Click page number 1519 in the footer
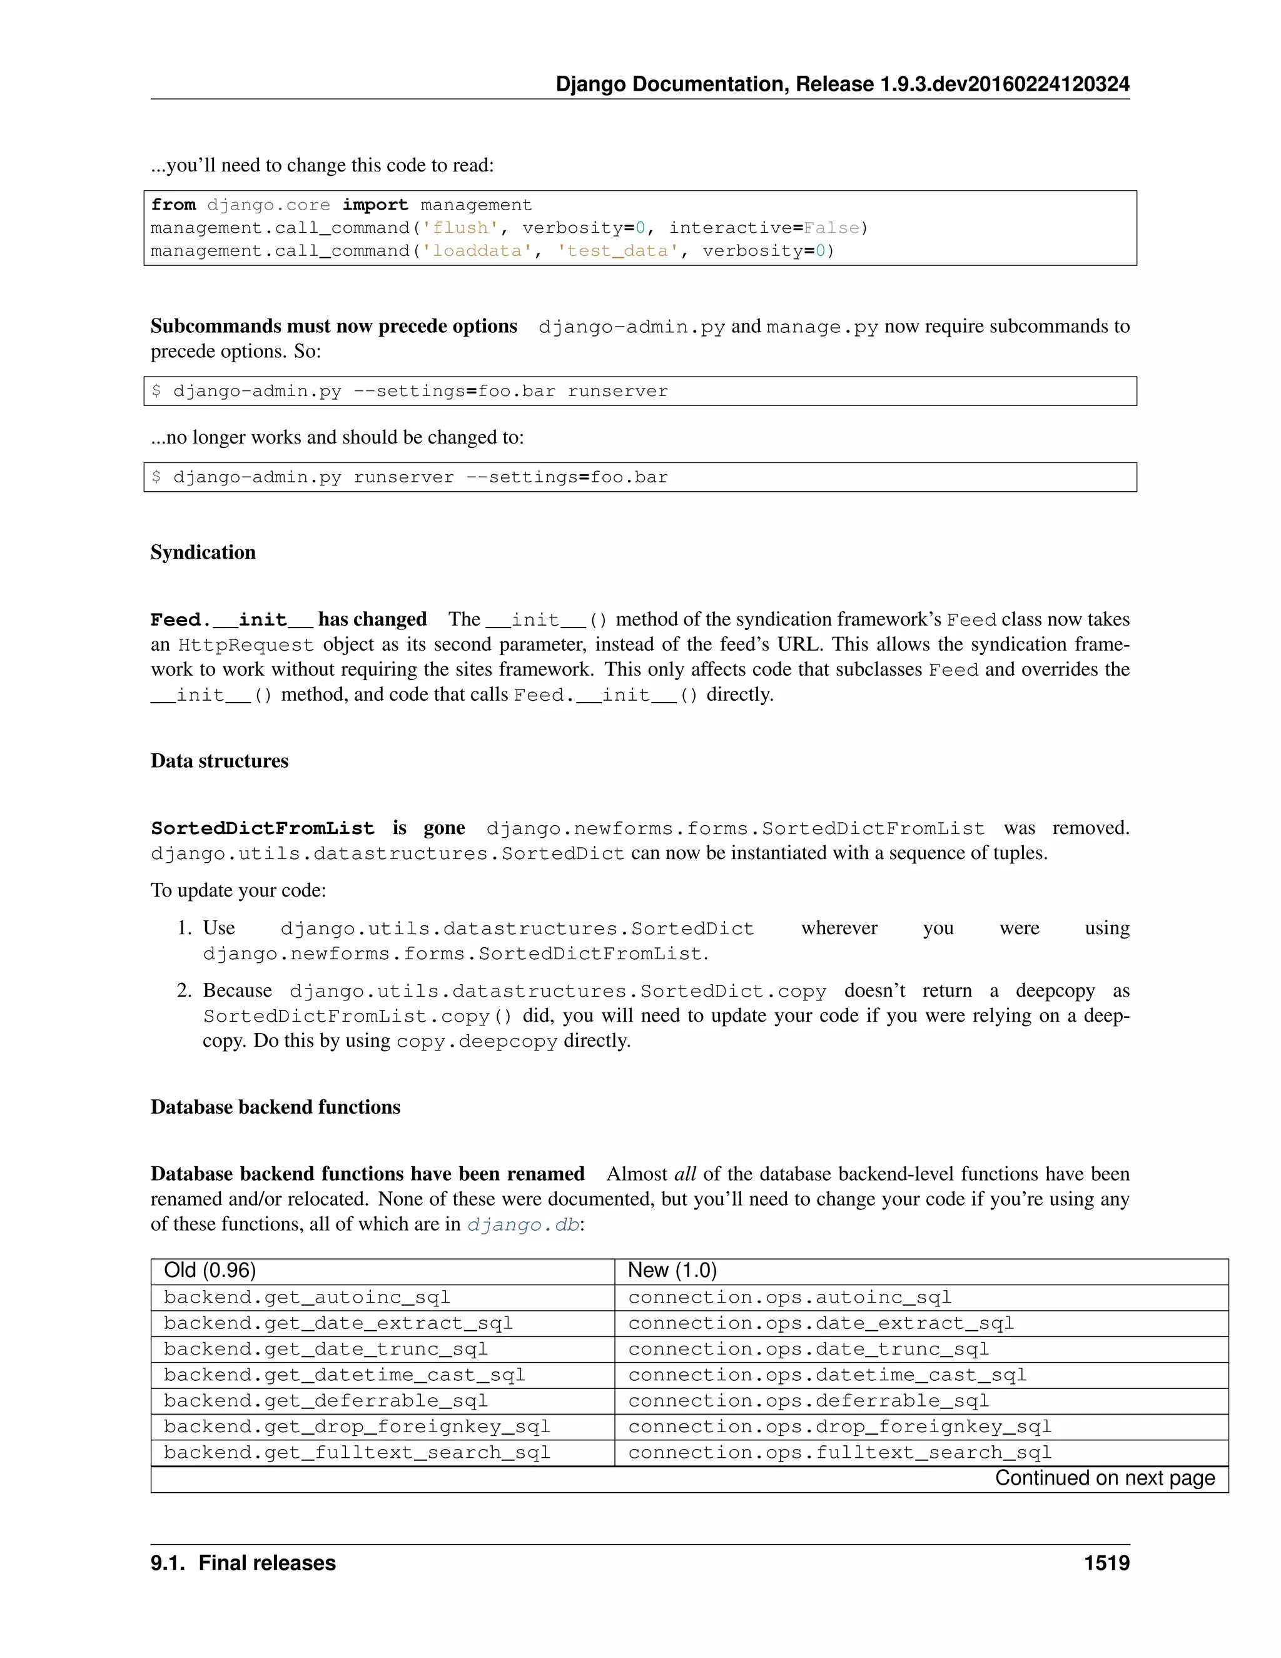click(1106, 1563)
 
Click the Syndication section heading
click(203, 552)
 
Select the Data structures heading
click(220, 761)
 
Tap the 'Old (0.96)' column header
click(210, 1271)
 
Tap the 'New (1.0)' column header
click(672, 1271)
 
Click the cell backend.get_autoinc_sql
click(306, 1298)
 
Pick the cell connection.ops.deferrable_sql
click(808, 1401)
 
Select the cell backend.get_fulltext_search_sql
click(357, 1452)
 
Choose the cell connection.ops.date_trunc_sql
click(808, 1349)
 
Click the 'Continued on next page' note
click(1104, 1478)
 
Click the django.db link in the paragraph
click(523, 1224)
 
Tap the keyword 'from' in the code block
click(173, 205)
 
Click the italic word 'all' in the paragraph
click(684, 1174)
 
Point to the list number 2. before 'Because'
click(185, 990)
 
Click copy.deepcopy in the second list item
click(477, 1041)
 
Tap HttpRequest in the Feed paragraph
click(245, 644)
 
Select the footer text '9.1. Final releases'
click(243, 1563)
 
